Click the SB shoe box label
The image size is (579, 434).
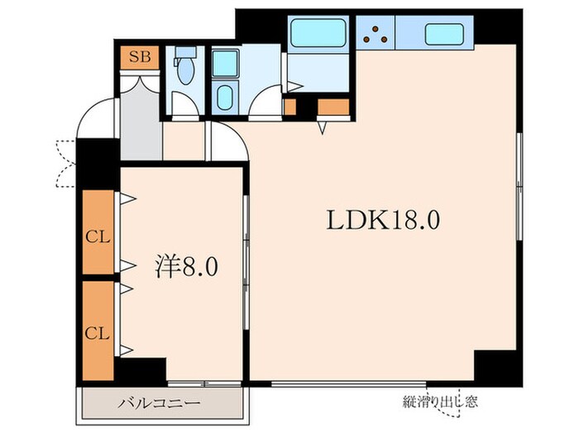133,59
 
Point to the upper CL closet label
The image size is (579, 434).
98,237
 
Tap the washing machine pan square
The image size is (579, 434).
223,64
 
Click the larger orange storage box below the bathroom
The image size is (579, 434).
333,107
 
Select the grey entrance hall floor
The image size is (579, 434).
140,120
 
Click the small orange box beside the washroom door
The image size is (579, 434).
289,106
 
